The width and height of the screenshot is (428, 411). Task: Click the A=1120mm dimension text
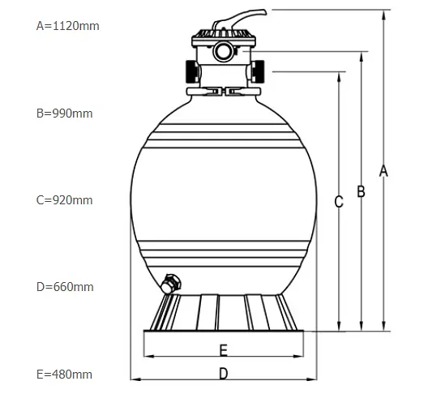click(68, 26)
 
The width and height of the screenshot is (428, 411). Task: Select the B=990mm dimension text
click(64, 113)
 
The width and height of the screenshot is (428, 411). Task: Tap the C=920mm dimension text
click(64, 200)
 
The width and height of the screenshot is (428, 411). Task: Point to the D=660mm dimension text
click(65, 287)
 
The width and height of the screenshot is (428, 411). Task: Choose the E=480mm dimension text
click(64, 375)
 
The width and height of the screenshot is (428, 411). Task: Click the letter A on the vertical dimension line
click(383, 171)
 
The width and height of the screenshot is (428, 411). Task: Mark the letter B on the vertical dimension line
click(362, 191)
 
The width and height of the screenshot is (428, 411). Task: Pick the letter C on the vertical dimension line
click(339, 202)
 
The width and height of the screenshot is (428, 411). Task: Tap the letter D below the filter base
click(223, 374)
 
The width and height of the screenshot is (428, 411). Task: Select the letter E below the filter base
click(224, 350)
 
